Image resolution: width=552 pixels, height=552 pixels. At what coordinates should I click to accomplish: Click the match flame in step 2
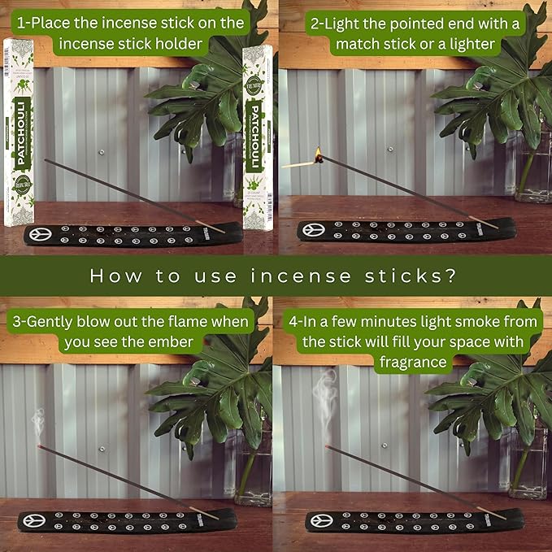tap(318, 152)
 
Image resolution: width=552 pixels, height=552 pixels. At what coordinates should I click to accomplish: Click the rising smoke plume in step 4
tap(327, 398)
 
